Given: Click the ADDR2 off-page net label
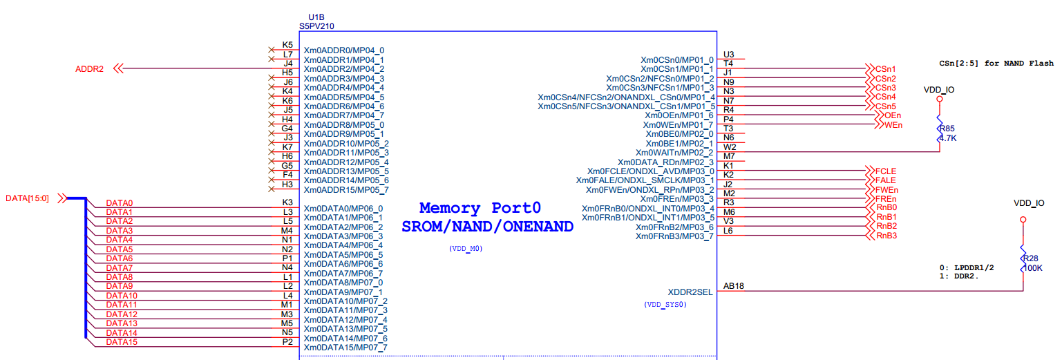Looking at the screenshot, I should point(89,69).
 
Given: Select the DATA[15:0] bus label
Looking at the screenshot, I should point(27,198).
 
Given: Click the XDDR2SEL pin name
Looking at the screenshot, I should point(690,292).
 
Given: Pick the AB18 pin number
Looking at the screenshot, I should point(733,286).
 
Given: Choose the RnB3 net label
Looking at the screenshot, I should point(886,236).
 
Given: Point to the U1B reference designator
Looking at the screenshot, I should point(316,17).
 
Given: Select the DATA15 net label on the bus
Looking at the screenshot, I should point(121,342).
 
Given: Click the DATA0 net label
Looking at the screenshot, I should point(119,203).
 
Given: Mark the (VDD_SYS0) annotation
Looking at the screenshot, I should point(665,304).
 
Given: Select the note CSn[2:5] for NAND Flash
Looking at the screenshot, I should point(996,63).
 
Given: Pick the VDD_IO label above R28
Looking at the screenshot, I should point(1029,203).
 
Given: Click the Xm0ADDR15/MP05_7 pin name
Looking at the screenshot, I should point(346,189).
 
